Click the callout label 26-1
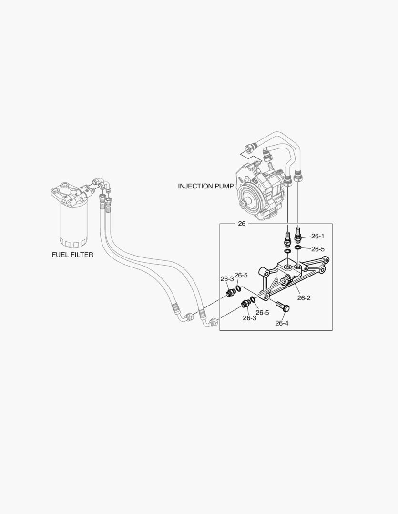317,236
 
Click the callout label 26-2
304,298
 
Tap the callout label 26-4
282,323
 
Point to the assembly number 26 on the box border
241,224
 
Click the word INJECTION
195,186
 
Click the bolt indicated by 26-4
282,306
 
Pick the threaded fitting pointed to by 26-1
299,234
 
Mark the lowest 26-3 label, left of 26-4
249,318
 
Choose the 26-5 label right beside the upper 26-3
241,275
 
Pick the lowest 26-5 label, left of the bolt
263,313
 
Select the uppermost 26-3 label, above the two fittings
226,279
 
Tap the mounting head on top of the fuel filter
71,193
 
